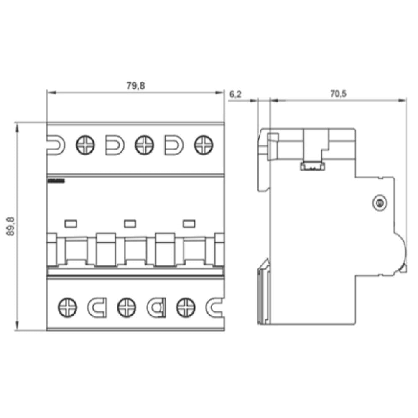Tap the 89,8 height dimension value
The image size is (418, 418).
click(x=11, y=226)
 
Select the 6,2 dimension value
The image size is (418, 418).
click(x=235, y=94)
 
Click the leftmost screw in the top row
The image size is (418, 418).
click(x=85, y=145)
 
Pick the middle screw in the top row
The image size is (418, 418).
click(x=144, y=145)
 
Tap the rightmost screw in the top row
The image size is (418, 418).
click(x=204, y=145)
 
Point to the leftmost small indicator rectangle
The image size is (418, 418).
click(x=71, y=224)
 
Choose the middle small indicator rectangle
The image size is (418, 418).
click(x=130, y=224)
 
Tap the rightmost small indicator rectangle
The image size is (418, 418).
click(x=189, y=224)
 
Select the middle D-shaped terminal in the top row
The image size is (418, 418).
click(x=115, y=145)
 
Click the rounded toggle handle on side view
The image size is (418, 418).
click(x=401, y=253)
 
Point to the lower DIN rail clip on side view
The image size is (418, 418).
click(x=264, y=293)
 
